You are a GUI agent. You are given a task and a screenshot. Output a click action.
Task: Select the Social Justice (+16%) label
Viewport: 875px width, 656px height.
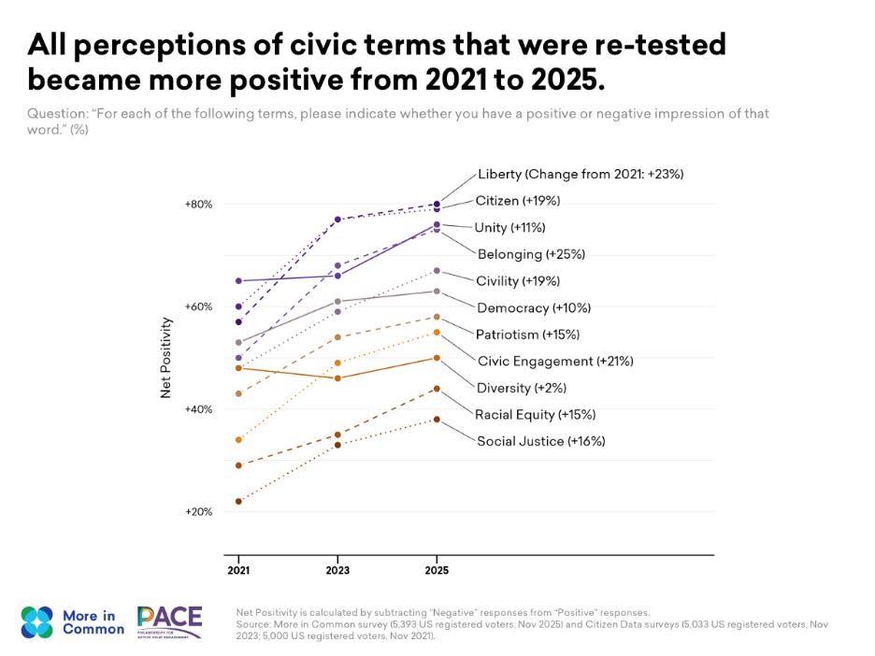540,441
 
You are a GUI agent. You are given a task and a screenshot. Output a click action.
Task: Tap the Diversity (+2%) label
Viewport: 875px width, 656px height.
522,388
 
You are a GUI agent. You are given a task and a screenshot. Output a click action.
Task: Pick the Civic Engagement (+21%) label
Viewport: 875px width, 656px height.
548,361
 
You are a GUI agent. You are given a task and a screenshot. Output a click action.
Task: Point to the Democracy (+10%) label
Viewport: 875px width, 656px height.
534,307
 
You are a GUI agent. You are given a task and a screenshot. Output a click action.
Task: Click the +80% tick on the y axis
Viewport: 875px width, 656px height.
199,204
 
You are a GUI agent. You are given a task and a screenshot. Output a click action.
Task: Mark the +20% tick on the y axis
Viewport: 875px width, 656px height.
199,512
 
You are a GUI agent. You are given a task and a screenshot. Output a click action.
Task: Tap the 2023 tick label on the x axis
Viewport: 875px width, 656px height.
337,569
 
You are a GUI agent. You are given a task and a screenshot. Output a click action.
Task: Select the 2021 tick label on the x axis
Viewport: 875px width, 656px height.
238,569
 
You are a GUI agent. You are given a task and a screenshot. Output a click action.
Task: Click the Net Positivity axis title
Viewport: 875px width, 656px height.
166,358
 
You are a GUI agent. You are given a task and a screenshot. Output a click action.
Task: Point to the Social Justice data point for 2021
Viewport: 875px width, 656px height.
238,502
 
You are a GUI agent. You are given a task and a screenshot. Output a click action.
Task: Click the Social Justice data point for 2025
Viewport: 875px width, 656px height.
437,420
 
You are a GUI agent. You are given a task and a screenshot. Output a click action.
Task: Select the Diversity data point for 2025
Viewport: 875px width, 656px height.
437,358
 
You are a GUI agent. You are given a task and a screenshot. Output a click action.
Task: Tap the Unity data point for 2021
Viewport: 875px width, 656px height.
238,280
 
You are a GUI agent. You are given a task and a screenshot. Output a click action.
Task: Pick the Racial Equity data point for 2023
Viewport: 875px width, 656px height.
337,435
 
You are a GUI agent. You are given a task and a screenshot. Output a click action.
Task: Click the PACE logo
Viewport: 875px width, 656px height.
169,621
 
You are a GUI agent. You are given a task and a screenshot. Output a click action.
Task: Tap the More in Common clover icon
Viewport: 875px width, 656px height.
37,622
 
